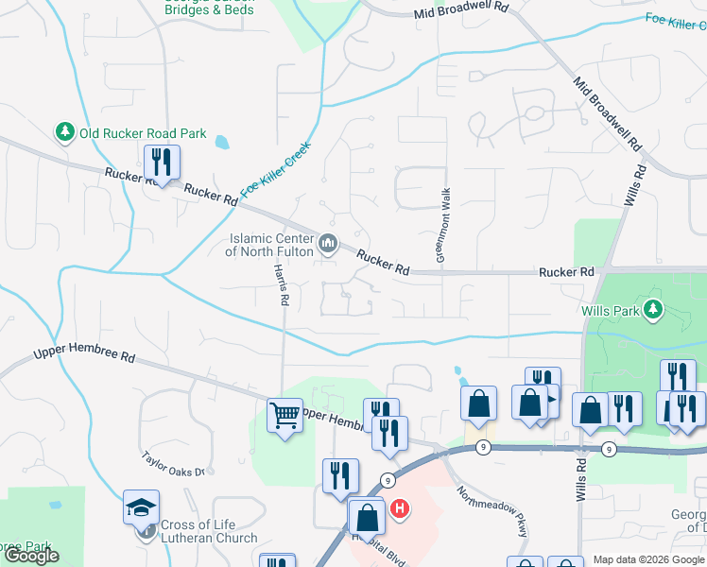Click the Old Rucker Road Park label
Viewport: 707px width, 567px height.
[x=143, y=133]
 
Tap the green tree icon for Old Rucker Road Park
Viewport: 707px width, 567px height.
[x=65, y=133]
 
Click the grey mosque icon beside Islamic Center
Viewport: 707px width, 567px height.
[x=329, y=245]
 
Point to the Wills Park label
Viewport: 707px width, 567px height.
[x=609, y=310]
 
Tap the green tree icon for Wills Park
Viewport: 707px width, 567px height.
[x=651, y=309]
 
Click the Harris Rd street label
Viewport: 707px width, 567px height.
[x=281, y=284]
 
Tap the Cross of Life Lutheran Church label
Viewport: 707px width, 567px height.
[x=208, y=531]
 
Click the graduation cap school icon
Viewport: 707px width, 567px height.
[x=142, y=507]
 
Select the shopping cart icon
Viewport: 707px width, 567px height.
[x=285, y=413]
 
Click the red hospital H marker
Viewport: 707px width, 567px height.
[x=400, y=509]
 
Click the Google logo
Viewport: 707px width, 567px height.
[x=31, y=556]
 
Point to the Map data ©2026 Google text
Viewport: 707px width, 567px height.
[x=647, y=560]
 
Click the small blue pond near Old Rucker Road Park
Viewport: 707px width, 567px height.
[x=221, y=144]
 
